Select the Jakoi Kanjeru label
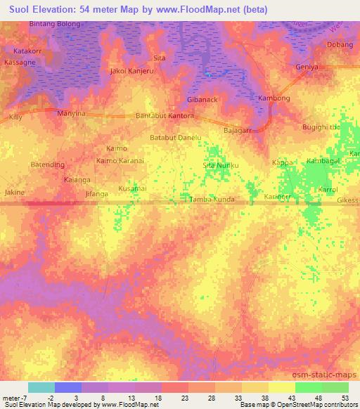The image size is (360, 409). pos(134,71)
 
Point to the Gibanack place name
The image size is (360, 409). pos(203,100)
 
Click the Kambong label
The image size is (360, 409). pos(274,98)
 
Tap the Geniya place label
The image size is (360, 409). pos(307,67)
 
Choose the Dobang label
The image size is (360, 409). pos(340,45)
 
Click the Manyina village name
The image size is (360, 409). pos(71,113)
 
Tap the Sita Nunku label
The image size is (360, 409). pos(221,165)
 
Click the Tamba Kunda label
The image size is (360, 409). pos(212,200)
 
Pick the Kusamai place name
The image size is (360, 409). pos(132,188)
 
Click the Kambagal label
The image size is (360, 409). pos(323,162)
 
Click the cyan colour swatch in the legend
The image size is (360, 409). pos(41,387)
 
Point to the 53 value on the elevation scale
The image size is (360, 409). pos(345,398)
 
